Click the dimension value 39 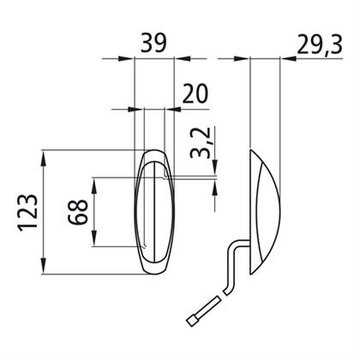(153, 44)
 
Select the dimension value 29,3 (320, 45)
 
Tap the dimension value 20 (195, 93)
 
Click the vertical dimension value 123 (28, 212)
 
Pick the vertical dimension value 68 (78, 213)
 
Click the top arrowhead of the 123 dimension (44, 159)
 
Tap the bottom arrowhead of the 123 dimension (44, 266)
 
